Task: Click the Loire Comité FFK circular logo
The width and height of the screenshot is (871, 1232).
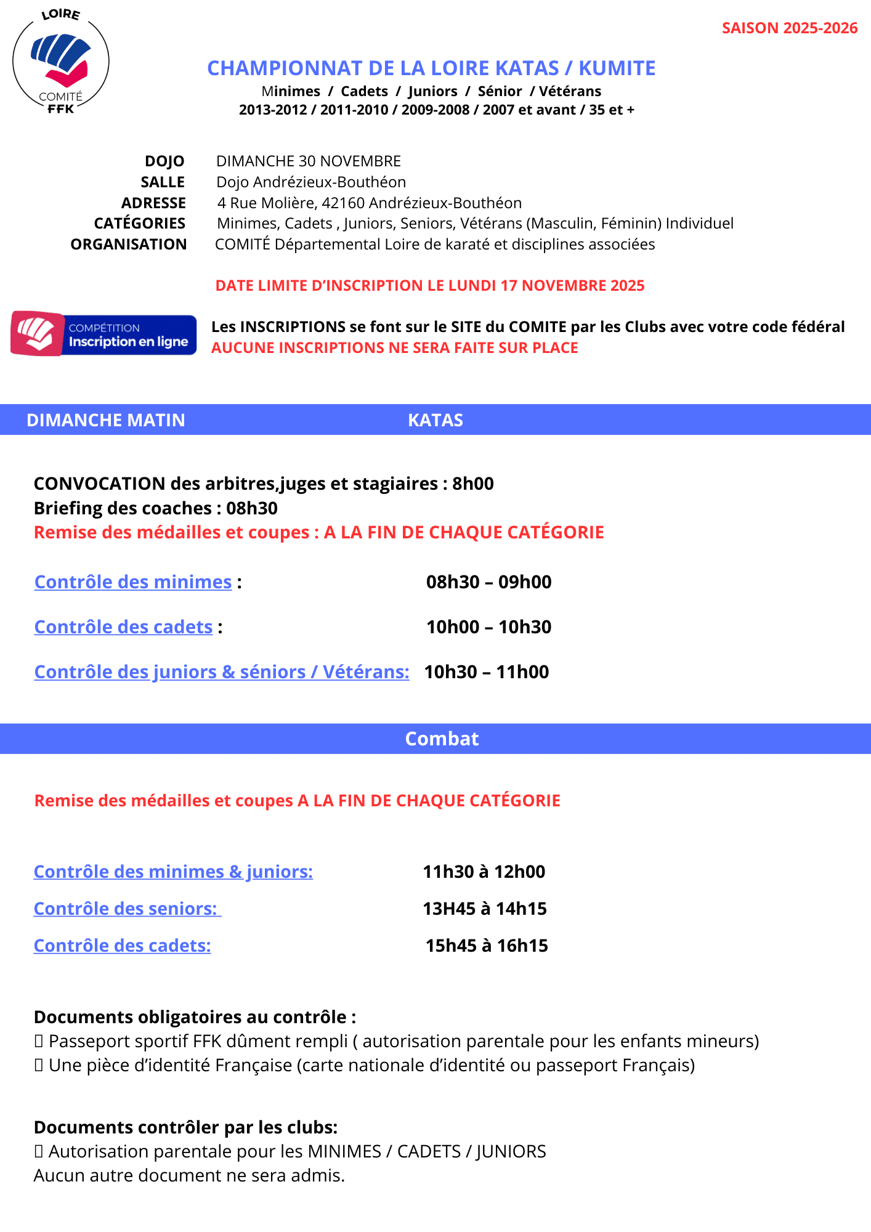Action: coord(60,62)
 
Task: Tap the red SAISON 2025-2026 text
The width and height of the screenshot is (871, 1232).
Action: coord(789,28)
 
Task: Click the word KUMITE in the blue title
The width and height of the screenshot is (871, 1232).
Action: coord(617,68)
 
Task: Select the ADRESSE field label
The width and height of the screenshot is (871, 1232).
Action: coord(153,203)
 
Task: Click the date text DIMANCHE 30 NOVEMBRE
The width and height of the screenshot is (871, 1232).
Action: coord(308,161)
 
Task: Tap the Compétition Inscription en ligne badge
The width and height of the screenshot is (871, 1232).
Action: coord(103,334)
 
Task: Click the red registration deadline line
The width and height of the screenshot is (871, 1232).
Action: coord(429,286)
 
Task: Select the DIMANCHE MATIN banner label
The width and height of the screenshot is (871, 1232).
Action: coord(105,420)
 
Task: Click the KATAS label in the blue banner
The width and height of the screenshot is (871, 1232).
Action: coord(435,420)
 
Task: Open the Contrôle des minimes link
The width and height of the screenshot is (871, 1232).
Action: coord(133,582)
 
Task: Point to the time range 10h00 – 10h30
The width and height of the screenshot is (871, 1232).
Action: coord(488,627)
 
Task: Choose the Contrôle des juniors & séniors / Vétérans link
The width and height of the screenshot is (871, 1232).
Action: coord(222,672)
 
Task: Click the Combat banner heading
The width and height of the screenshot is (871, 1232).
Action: coord(442,739)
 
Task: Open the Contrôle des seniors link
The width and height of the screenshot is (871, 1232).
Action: coord(126,909)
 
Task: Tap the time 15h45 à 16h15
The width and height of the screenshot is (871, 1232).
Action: coord(487,946)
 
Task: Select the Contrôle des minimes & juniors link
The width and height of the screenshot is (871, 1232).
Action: coord(173,872)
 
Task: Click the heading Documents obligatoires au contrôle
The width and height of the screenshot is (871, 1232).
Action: coord(195,1017)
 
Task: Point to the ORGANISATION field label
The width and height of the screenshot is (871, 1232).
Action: coord(128,245)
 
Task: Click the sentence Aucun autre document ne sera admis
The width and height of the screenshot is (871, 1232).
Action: coord(189,1175)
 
